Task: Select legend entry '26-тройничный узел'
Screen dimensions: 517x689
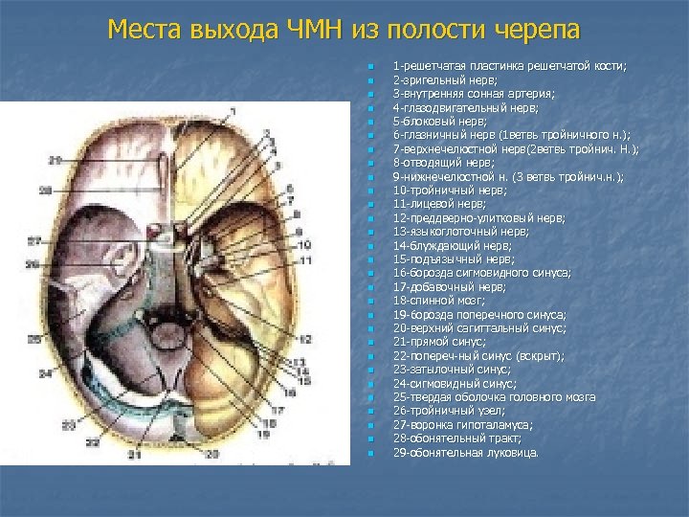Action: point(444,410)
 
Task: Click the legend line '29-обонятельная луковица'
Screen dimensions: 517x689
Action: point(465,451)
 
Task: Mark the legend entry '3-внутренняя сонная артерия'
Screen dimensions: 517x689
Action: point(472,94)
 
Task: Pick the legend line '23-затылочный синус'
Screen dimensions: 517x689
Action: point(446,369)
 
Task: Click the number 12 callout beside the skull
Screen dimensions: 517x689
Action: point(305,339)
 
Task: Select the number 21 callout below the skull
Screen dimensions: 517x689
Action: point(135,455)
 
